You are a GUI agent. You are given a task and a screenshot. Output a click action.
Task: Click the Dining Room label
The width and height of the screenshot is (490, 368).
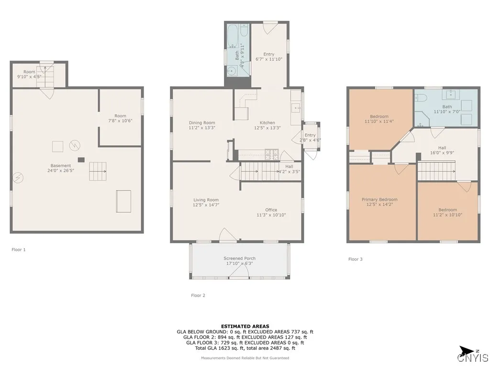pos(201,123)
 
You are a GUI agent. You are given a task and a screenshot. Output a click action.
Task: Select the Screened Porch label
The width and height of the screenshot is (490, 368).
pos(239,258)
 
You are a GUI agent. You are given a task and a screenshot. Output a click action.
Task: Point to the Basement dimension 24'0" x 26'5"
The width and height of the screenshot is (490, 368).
pos(60,170)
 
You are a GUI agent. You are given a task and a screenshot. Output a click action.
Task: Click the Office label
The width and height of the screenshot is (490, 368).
pos(271,210)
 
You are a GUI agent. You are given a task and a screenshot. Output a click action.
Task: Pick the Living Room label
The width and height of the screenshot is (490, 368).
pos(206,200)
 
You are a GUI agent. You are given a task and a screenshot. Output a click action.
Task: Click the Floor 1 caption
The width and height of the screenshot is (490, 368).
pos(18,250)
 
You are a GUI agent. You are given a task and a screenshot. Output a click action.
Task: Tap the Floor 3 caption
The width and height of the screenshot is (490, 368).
pos(355,259)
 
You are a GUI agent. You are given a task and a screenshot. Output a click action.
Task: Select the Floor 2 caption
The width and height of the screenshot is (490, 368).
pos(198,296)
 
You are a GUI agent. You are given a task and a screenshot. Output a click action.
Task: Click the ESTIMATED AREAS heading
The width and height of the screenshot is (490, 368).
pos(245,326)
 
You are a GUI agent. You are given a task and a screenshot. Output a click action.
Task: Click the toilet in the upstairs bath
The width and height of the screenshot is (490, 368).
pos(421,98)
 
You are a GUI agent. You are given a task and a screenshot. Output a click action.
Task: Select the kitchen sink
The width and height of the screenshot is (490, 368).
pos(295,108)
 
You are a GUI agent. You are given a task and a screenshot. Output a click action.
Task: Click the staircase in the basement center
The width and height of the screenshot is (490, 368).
pos(98,171)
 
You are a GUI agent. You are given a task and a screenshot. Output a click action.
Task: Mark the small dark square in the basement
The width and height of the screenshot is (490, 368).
pos(81,160)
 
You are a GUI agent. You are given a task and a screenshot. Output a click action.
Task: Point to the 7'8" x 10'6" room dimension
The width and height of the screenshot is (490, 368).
pos(120,121)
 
